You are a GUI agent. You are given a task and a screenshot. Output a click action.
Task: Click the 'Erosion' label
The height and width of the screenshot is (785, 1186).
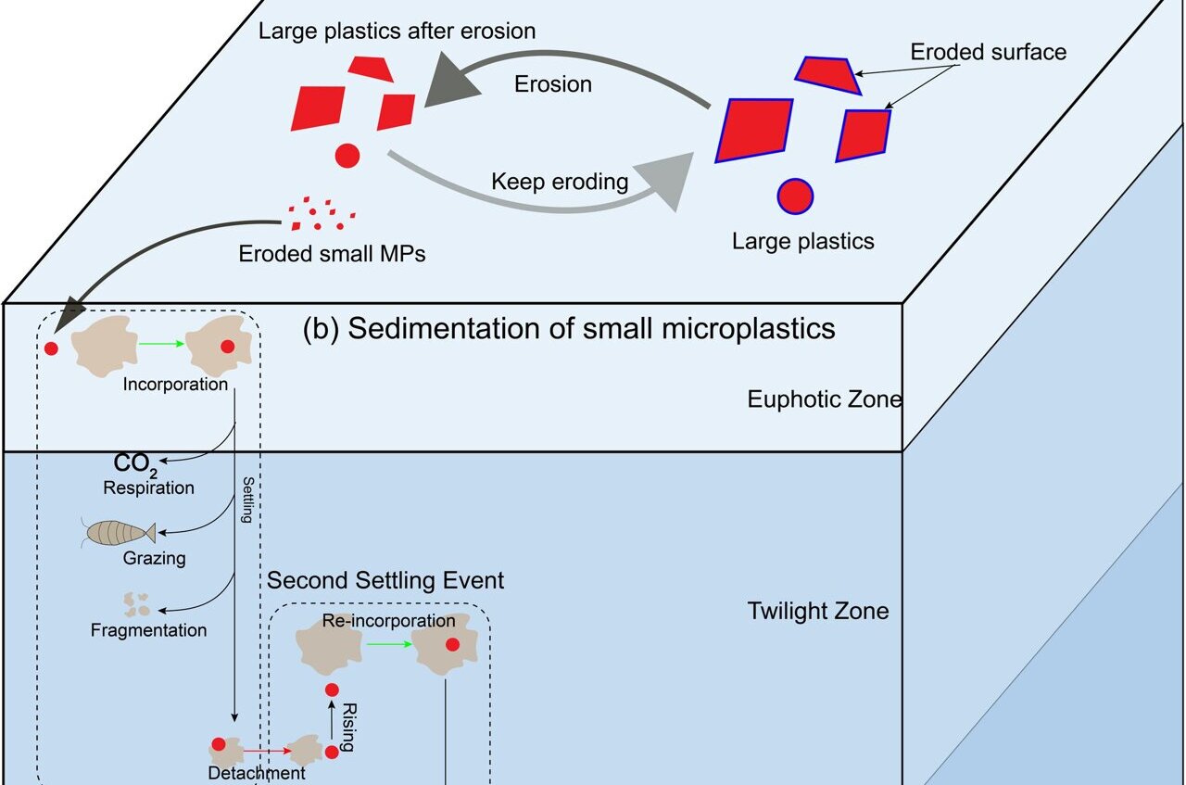click(553, 83)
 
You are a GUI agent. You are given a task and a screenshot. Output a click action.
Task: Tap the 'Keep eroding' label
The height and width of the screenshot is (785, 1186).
click(560, 181)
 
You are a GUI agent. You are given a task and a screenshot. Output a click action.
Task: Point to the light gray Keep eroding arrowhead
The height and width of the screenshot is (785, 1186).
click(669, 181)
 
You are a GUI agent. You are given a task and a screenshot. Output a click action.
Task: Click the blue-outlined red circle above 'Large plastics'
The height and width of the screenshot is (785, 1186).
click(794, 196)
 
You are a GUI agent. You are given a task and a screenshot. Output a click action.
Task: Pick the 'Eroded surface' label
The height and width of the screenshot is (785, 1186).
click(988, 52)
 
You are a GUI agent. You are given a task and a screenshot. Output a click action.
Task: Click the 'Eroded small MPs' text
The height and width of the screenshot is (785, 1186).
click(332, 253)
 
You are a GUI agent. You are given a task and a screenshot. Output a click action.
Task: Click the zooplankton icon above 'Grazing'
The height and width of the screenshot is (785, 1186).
click(119, 532)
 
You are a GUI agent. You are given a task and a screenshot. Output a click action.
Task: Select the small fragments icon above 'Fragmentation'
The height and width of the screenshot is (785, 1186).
click(137, 605)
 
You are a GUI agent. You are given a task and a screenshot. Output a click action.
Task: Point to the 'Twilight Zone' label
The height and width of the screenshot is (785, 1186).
click(818, 611)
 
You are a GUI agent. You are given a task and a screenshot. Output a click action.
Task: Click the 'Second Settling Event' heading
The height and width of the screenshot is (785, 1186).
click(385, 581)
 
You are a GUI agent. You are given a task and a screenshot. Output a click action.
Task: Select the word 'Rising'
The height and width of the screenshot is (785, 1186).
click(349, 726)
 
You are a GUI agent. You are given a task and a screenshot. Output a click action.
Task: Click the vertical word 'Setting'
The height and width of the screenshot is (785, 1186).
click(247, 500)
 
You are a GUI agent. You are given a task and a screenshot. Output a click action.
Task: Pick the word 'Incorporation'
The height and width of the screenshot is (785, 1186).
click(175, 384)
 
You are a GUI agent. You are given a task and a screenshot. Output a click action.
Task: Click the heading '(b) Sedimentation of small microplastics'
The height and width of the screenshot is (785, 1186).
click(569, 329)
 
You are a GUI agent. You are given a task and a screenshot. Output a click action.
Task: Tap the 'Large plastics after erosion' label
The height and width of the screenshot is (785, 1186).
click(397, 32)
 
